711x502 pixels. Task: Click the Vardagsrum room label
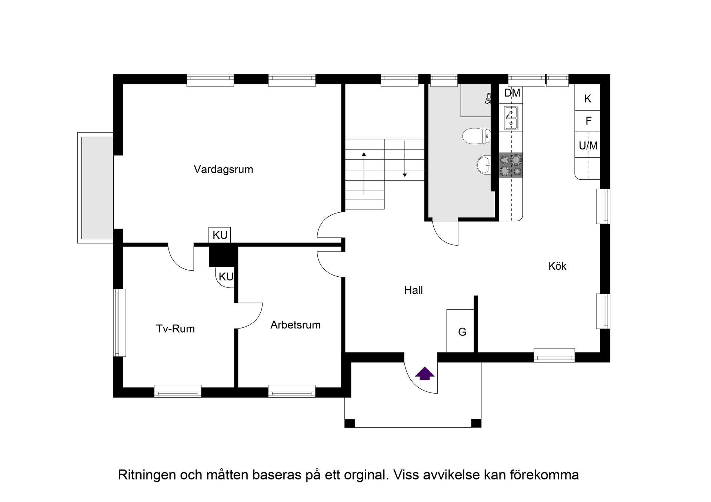click(x=223, y=169)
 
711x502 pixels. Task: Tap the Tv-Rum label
click(x=175, y=329)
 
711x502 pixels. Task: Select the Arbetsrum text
click(x=295, y=325)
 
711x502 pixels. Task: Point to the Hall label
click(x=413, y=290)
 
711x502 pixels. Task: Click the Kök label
click(x=557, y=266)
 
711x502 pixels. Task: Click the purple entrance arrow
click(x=424, y=373)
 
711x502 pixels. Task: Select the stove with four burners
click(x=511, y=165)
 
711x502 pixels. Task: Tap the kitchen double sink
click(x=511, y=117)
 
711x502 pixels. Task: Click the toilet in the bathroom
click(x=476, y=136)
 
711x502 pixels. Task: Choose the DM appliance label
click(x=512, y=93)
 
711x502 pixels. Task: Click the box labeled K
click(x=587, y=99)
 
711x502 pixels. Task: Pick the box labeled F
click(x=588, y=121)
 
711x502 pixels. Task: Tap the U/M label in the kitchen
click(x=588, y=146)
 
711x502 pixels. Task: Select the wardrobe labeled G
click(x=462, y=332)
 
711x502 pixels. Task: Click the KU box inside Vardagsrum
click(x=220, y=235)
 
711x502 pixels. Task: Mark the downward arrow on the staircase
click(x=405, y=159)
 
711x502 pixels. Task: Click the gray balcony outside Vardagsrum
click(x=97, y=188)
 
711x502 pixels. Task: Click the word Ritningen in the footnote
click(x=147, y=475)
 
